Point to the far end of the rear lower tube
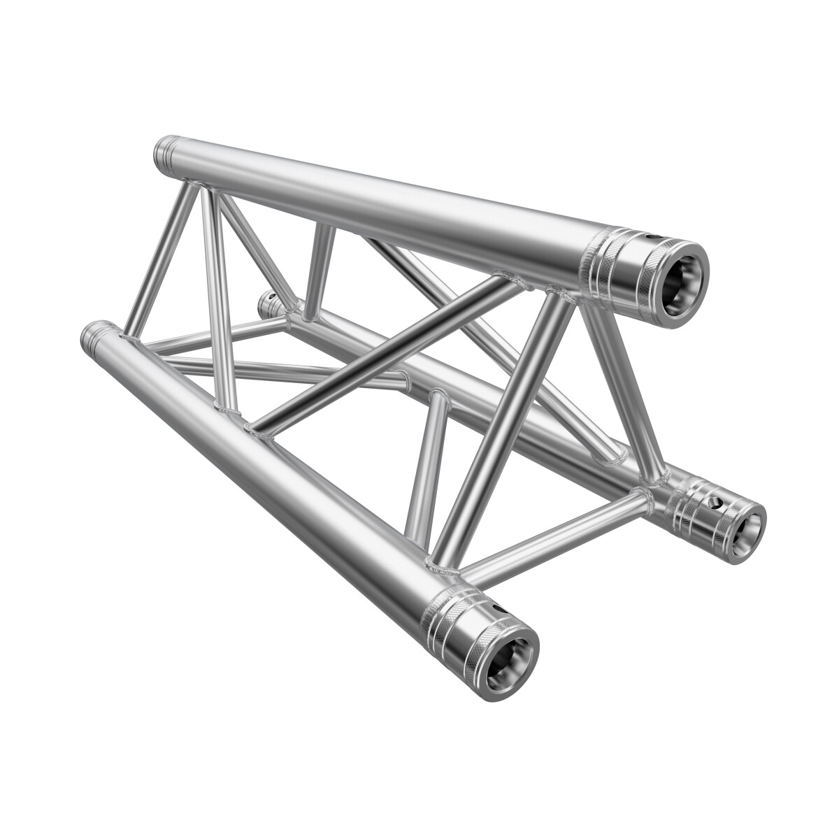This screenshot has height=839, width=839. pyautogui.click(x=268, y=302)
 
